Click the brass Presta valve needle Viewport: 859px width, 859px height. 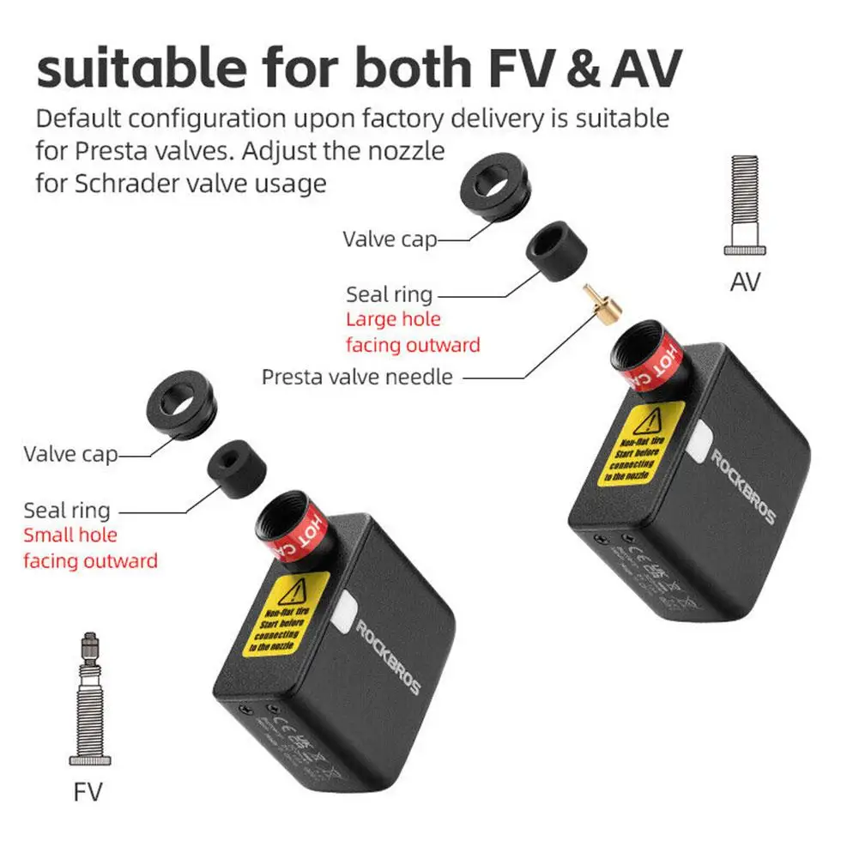click(601, 305)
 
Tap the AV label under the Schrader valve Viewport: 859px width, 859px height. click(744, 281)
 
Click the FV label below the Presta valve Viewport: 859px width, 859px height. click(88, 790)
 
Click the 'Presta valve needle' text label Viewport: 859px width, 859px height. click(356, 376)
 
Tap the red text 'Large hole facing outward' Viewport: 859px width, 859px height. click(413, 332)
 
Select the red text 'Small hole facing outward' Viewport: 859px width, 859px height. click(90, 548)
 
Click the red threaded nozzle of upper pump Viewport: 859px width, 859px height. click(645, 360)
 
